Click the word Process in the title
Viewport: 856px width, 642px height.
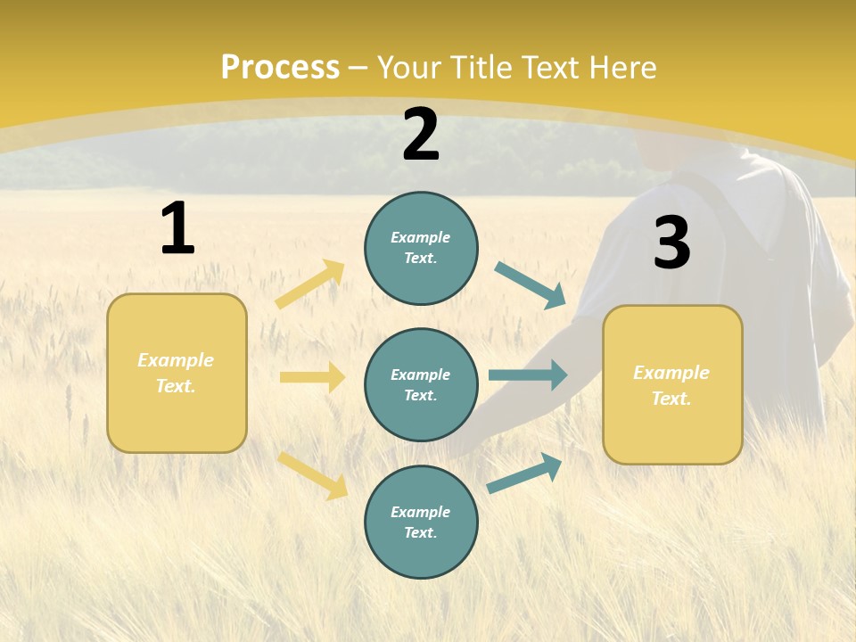pyautogui.click(x=280, y=67)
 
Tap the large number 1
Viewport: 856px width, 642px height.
pyautogui.click(x=177, y=228)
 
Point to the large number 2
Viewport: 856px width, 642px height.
pyautogui.click(x=421, y=135)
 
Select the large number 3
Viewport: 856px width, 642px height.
pyautogui.click(x=671, y=243)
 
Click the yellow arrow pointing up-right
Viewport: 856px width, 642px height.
pyautogui.click(x=310, y=284)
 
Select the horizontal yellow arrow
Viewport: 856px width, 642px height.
pyautogui.click(x=312, y=377)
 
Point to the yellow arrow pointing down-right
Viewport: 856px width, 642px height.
pyautogui.click(x=312, y=475)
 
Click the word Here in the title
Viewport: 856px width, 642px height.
pyautogui.click(x=621, y=67)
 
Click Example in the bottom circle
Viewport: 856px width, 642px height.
pyautogui.click(x=421, y=512)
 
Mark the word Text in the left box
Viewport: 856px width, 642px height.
pyautogui.click(x=175, y=386)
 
